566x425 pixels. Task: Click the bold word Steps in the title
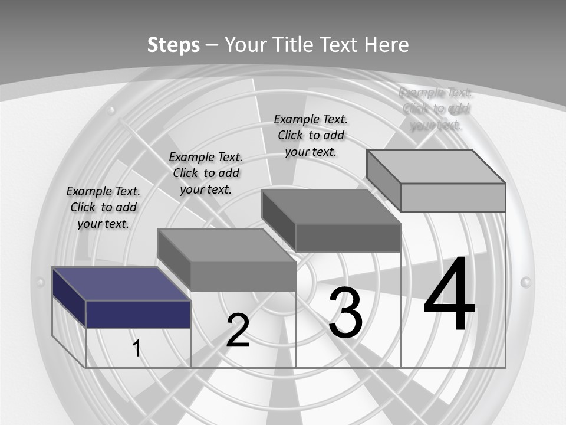point(173,45)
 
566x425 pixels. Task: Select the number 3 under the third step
point(345,313)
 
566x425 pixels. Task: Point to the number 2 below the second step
point(238,331)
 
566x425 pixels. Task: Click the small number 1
point(137,348)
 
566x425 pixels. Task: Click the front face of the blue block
point(138,314)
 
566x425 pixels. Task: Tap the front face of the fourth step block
point(453,197)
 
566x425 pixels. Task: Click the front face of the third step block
point(348,237)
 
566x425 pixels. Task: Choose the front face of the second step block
point(243,276)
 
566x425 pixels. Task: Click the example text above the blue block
point(103,207)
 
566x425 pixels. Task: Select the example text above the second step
point(206,173)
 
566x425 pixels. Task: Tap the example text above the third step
point(311,135)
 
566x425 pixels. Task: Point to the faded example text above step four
point(436,108)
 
